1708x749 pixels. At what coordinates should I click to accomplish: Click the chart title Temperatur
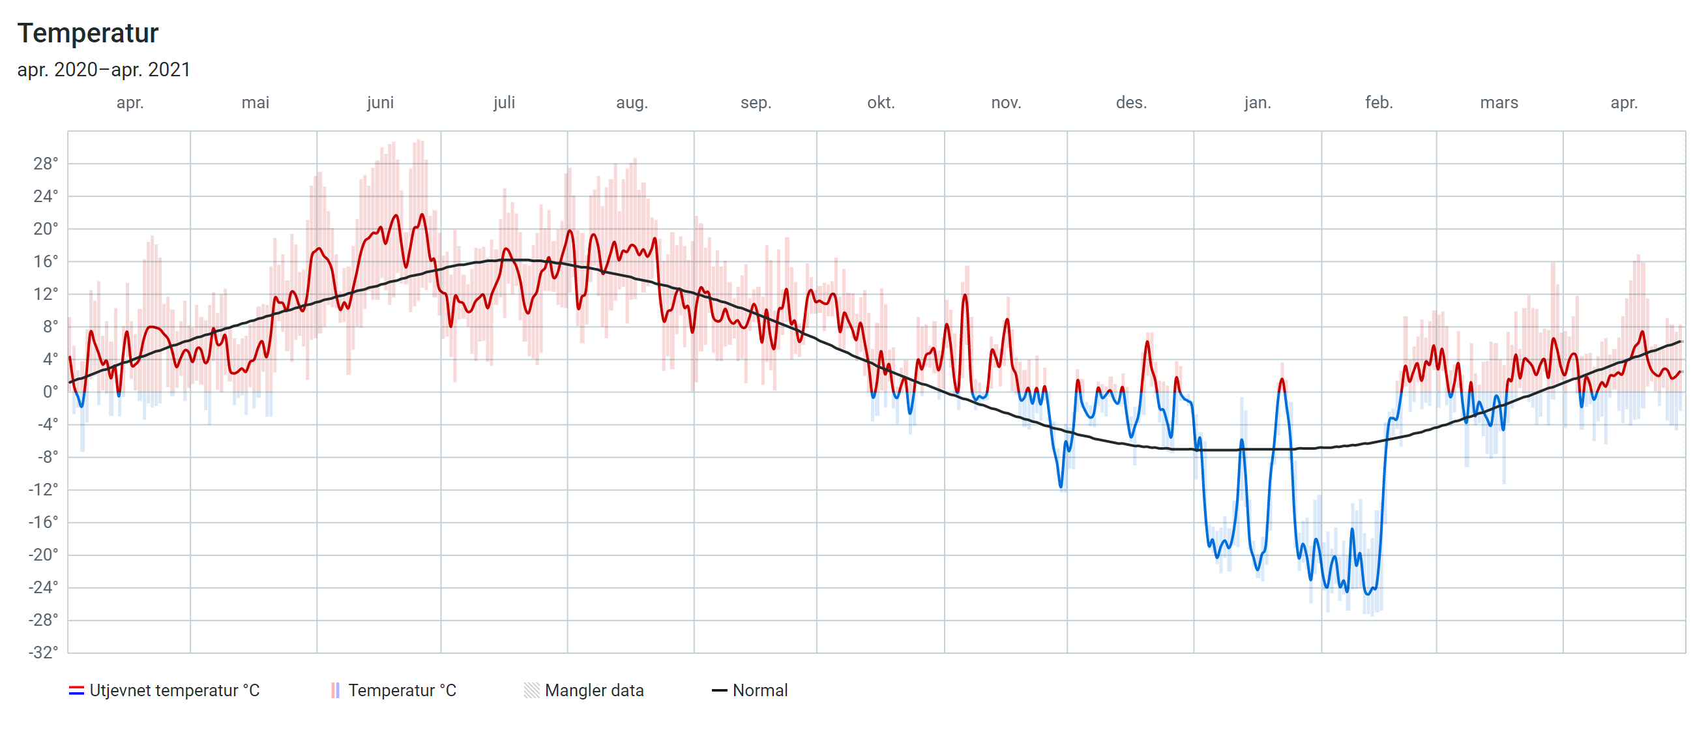[x=87, y=33]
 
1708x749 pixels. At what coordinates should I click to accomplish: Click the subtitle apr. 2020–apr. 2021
[x=104, y=70]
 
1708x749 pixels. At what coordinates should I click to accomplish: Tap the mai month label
[x=256, y=103]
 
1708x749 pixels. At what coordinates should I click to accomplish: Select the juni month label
[x=380, y=103]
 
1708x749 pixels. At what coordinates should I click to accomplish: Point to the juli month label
[x=504, y=103]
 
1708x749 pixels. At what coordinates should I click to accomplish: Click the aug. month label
[x=631, y=103]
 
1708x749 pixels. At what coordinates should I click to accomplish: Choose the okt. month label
[x=881, y=103]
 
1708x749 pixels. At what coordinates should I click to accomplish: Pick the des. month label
[x=1130, y=103]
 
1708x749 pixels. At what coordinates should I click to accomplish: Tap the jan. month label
[x=1257, y=103]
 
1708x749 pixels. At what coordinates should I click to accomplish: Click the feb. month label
[x=1379, y=103]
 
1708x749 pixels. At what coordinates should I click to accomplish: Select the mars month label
[x=1499, y=103]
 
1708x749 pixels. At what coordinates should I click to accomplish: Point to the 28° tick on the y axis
[x=46, y=164]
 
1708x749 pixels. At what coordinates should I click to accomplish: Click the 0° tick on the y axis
[x=50, y=392]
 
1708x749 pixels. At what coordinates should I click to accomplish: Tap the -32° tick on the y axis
[x=43, y=653]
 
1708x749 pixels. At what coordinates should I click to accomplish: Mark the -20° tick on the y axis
[x=43, y=555]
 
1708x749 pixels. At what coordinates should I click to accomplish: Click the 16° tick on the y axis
[x=46, y=261]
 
